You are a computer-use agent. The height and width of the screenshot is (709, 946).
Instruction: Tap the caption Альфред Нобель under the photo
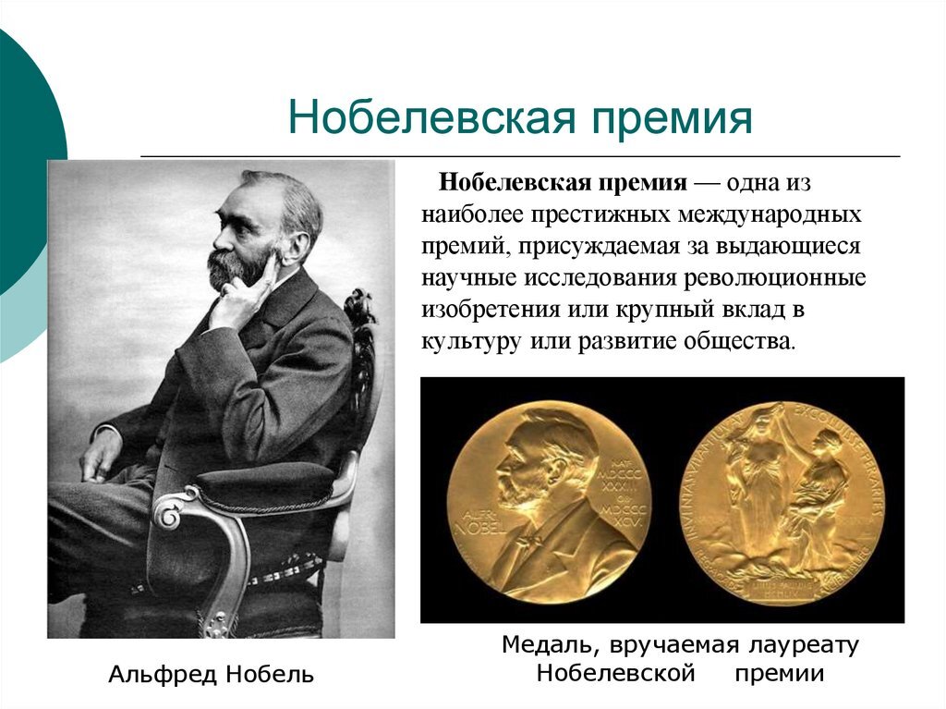coord(211,675)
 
